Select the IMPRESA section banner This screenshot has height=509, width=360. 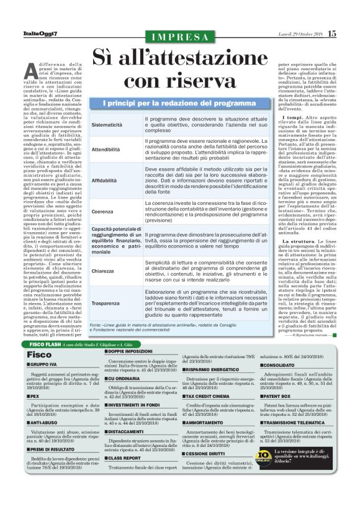point(179,37)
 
